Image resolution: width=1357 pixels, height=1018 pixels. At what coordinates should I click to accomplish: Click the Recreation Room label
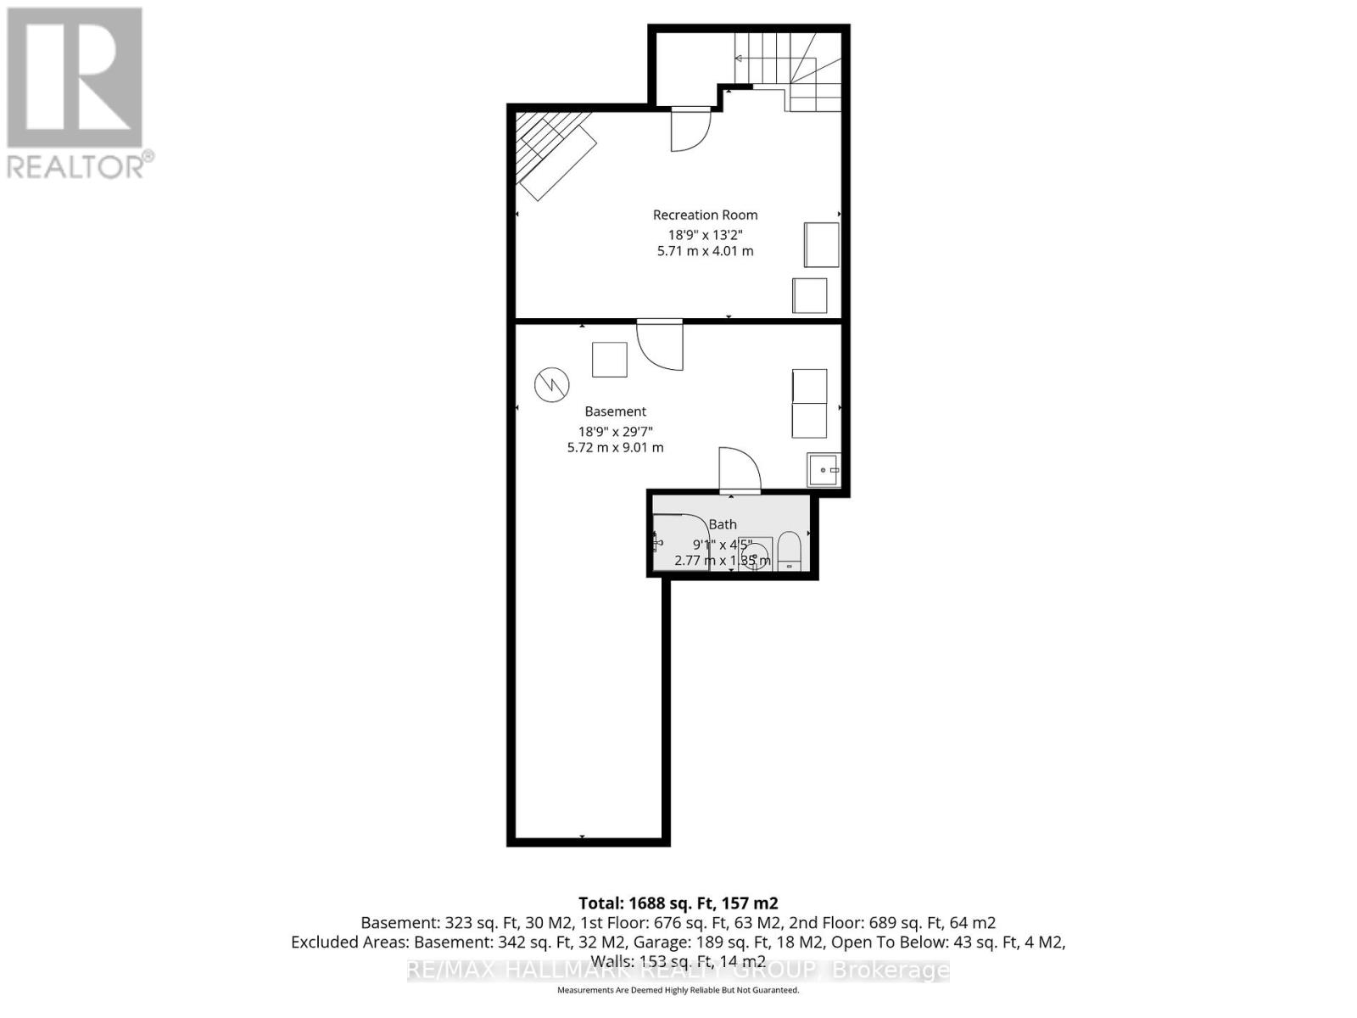point(705,215)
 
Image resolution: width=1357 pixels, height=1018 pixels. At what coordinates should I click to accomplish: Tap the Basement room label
point(615,411)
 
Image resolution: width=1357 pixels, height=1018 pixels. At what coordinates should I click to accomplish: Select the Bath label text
point(723,524)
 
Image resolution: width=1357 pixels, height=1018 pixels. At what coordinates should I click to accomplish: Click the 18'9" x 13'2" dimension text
point(705,234)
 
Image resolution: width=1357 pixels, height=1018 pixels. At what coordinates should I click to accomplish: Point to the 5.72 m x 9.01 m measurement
point(615,447)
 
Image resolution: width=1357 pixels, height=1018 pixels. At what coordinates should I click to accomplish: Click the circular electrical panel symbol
point(550,385)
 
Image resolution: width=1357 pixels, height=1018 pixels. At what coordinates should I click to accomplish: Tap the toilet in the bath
point(789,551)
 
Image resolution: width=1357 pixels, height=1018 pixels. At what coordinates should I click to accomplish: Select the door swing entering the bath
point(737,470)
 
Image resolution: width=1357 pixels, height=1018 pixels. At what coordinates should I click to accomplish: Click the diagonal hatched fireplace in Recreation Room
point(556,153)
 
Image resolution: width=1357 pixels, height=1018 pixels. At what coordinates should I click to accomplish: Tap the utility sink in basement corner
point(824,469)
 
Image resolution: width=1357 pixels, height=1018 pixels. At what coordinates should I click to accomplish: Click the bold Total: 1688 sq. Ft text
point(678,903)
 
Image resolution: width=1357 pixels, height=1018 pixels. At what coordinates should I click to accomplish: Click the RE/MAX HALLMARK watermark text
point(678,970)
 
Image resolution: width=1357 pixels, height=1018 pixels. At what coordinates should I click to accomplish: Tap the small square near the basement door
point(609,359)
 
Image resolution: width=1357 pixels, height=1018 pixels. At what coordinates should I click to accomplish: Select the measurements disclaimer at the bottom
point(678,990)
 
